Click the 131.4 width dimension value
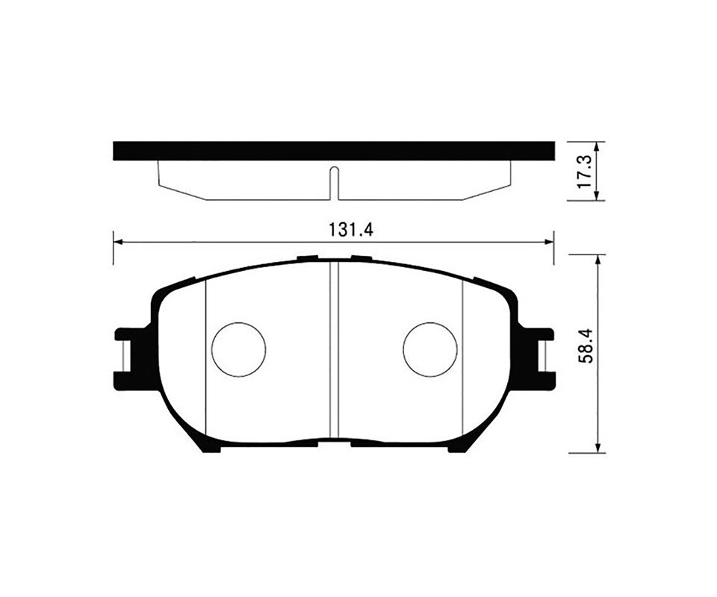click(351, 230)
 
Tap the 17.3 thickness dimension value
click(584, 172)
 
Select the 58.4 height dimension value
click(586, 346)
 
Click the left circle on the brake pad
click(239, 349)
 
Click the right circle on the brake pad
click(430, 349)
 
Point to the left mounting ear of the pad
click(129, 359)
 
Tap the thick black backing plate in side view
click(334, 151)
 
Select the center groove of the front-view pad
click(334, 349)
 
